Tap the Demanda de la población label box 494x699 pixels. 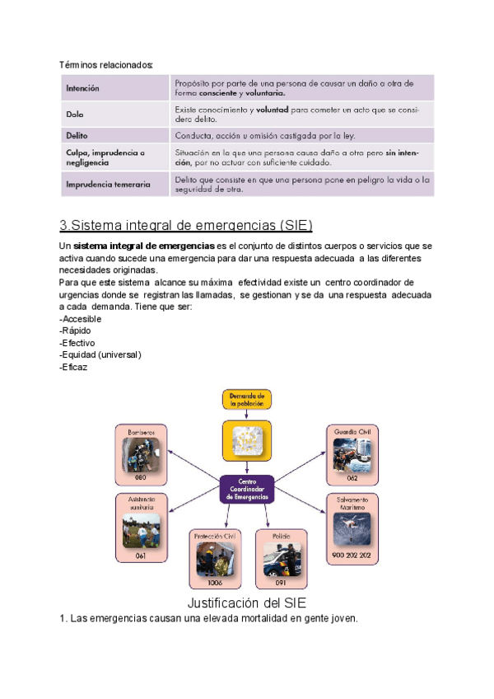tap(246, 400)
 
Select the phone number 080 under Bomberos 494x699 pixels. tap(140, 477)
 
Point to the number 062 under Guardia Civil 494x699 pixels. tap(352, 477)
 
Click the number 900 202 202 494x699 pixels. tap(352, 556)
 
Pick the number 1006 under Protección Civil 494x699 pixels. tap(215, 582)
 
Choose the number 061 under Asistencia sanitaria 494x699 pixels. tap(140, 556)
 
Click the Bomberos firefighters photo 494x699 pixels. tap(140, 454)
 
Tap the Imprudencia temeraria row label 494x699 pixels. tap(108, 185)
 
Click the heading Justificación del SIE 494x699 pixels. tap(247, 603)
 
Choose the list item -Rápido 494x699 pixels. tap(77, 331)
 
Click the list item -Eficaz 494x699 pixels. tap(74, 367)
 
